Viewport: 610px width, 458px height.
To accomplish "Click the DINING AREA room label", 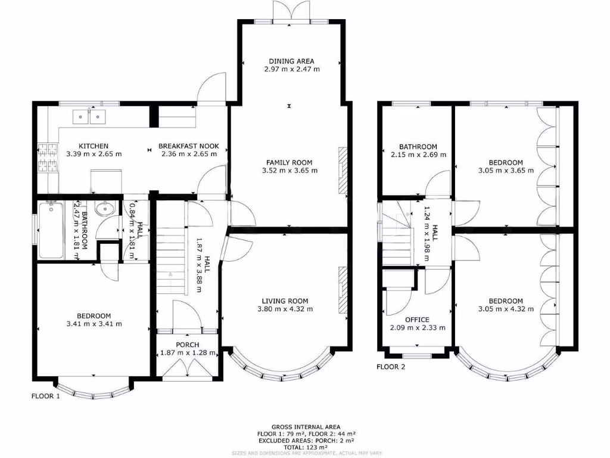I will (x=291, y=61).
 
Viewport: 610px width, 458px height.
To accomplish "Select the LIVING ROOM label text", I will (x=285, y=301).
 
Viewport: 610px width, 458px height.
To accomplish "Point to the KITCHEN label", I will (x=94, y=146).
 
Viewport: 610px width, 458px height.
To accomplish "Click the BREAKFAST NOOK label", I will (x=189, y=146).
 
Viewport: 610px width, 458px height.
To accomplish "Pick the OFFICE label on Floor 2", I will (x=417, y=320).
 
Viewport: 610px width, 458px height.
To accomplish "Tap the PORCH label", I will (x=188, y=345).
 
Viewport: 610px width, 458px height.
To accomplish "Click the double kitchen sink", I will (x=89, y=116).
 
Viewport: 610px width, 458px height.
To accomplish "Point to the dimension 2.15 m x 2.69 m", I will (x=418, y=154).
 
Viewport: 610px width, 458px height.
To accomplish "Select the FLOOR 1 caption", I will (x=46, y=396).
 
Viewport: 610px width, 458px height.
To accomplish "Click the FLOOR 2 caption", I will (x=391, y=367).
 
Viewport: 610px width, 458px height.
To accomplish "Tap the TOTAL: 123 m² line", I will (x=306, y=447).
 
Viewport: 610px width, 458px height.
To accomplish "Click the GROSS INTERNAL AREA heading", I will (x=306, y=427).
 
